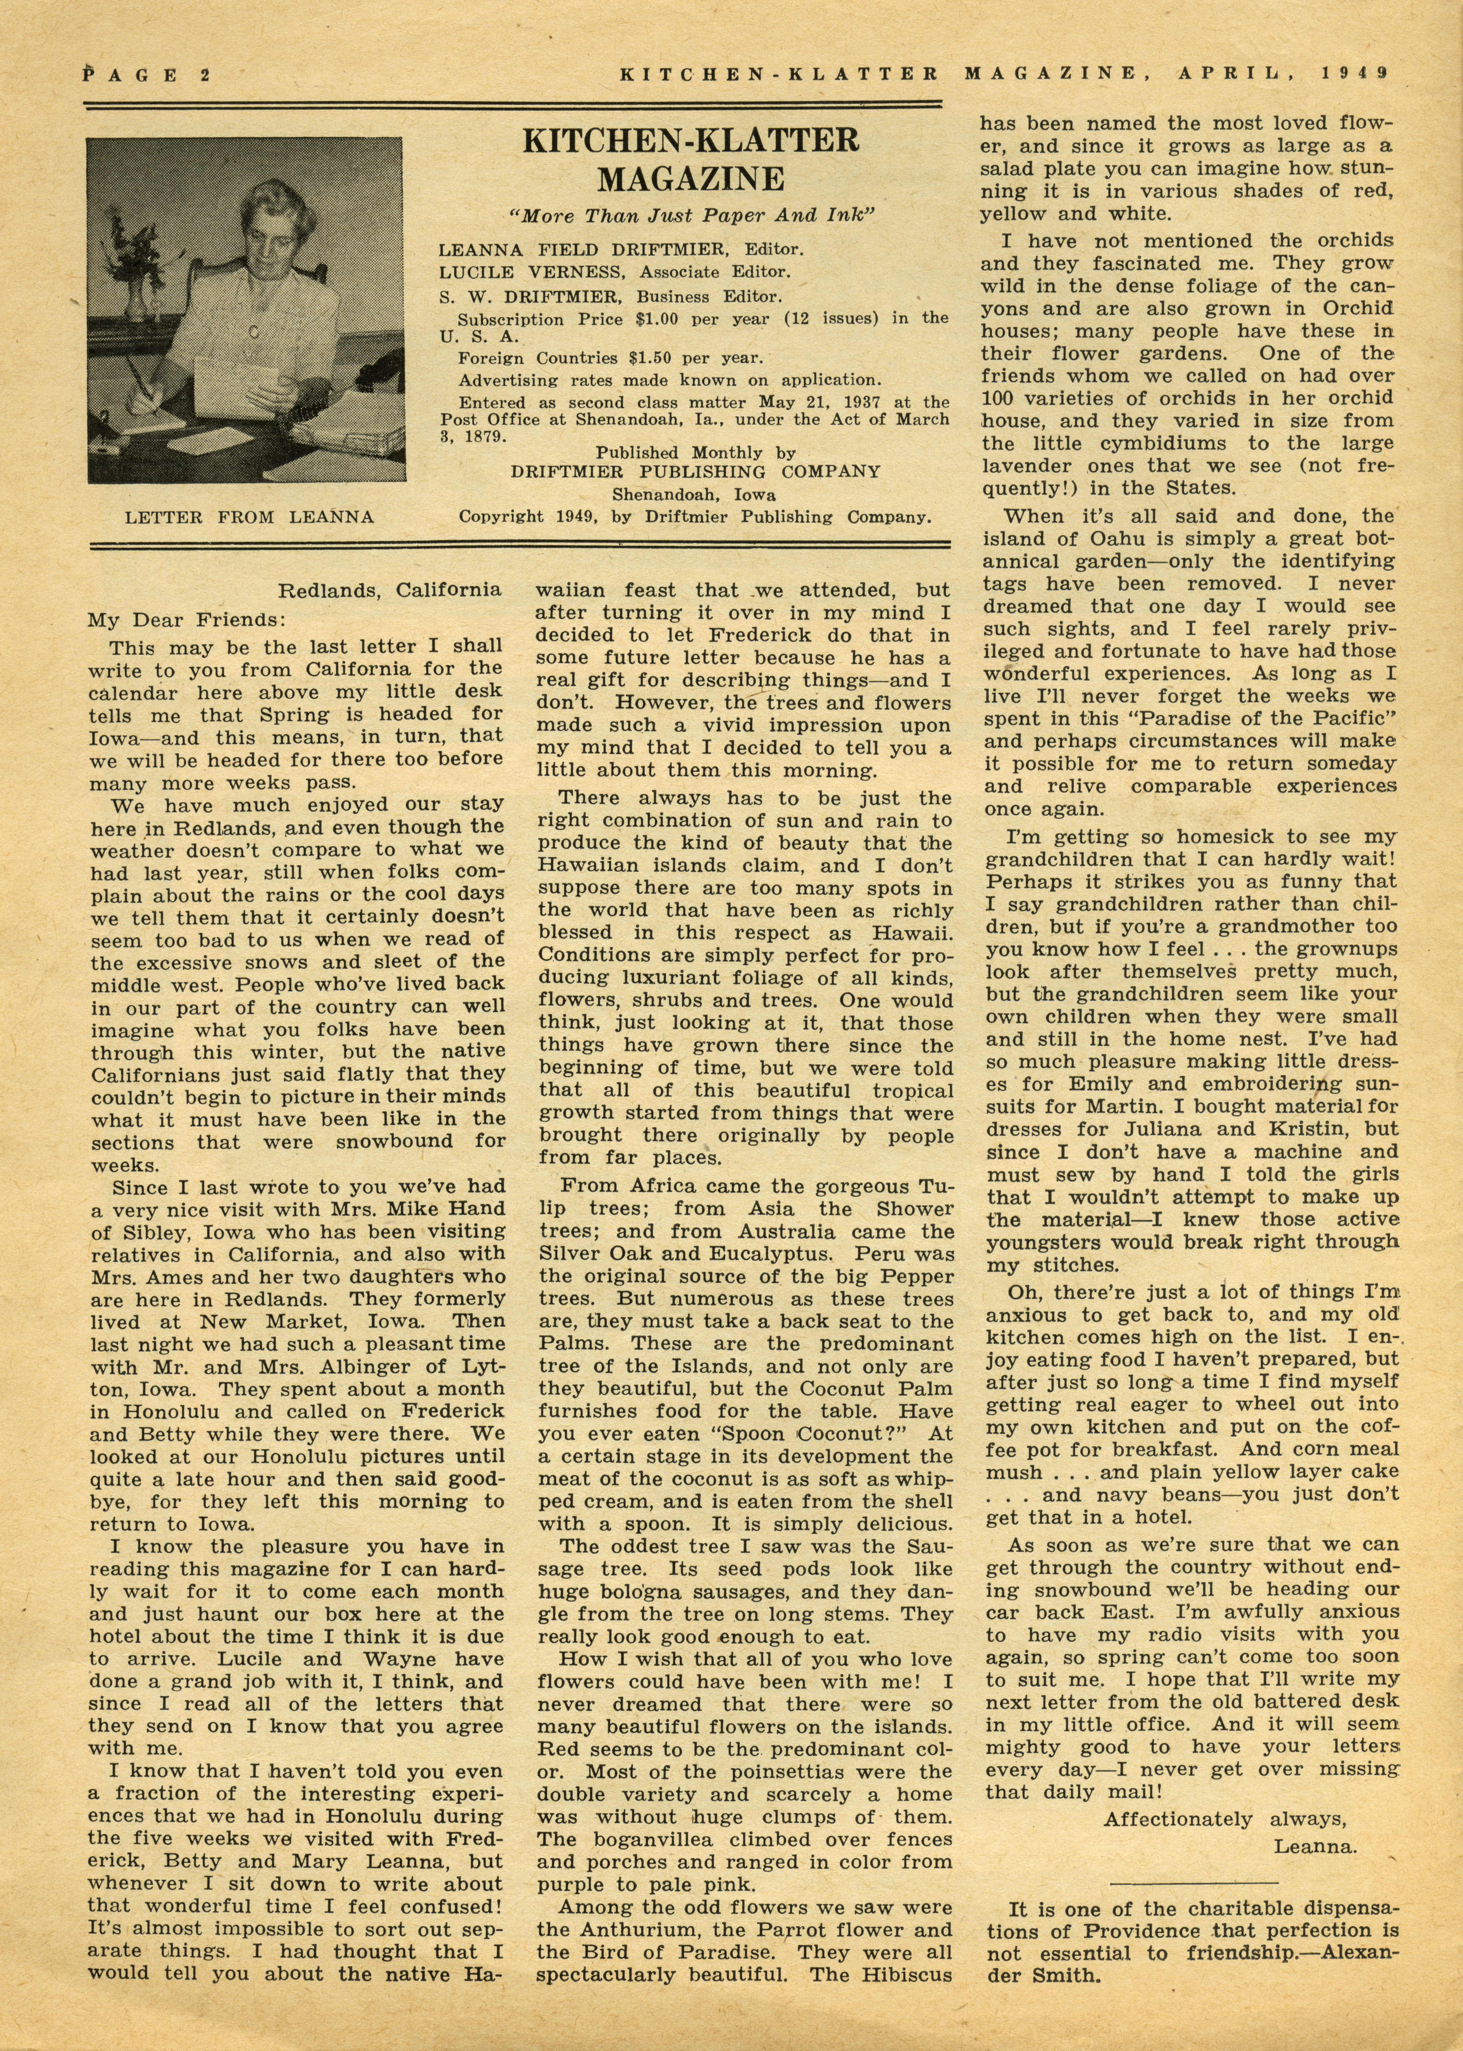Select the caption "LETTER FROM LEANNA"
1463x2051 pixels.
(249, 517)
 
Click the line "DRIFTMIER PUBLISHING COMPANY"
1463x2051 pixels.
(695, 471)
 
